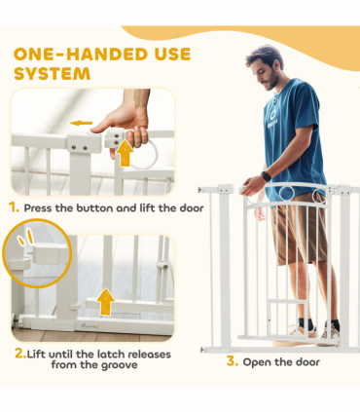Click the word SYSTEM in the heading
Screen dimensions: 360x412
(x=52, y=74)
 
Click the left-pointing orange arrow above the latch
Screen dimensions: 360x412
(x=81, y=123)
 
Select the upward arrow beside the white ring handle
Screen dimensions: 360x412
(x=125, y=153)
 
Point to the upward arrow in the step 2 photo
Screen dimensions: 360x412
(x=106, y=302)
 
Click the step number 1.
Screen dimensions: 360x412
(x=14, y=207)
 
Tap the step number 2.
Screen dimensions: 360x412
(x=20, y=354)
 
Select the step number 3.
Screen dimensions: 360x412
(x=232, y=361)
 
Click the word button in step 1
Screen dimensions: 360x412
(x=94, y=207)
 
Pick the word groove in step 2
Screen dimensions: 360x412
(x=119, y=365)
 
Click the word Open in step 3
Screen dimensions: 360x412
(x=257, y=362)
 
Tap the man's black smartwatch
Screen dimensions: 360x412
(x=267, y=176)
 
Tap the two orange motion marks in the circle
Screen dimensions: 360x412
(x=25, y=237)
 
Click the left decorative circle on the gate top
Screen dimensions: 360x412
(x=287, y=194)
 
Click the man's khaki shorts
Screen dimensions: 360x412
(x=299, y=227)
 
